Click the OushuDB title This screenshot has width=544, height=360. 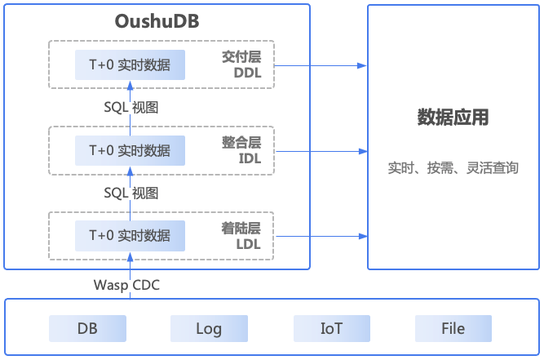click(x=157, y=21)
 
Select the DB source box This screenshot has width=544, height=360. click(x=87, y=328)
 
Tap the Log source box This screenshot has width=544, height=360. click(x=209, y=328)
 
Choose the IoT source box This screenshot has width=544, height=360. click(x=332, y=328)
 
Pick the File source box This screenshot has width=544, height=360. click(x=453, y=328)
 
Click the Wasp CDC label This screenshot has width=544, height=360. click(x=126, y=285)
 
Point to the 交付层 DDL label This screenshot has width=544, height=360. click(x=241, y=64)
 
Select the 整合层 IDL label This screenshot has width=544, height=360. click(x=241, y=150)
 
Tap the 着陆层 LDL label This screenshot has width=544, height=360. click(x=241, y=236)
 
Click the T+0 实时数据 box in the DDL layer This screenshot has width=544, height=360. click(x=130, y=65)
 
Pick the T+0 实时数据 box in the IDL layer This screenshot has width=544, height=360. click(x=130, y=151)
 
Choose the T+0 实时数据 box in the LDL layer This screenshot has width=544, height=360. click(x=130, y=236)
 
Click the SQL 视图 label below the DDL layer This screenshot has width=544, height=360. click(x=131, y=107)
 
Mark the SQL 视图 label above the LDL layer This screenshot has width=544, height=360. click(x=131, y=193)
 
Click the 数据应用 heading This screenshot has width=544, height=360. click(x=453, y=117)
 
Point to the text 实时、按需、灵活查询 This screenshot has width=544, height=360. click(x=453, y=168)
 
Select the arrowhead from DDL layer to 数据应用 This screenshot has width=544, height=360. click(x=362, y=65)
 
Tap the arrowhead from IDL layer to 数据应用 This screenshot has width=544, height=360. click(x=363, y=151)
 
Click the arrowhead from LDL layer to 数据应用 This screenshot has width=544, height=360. click(x=363, y=237)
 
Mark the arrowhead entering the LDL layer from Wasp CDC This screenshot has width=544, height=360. click(x=130, y=257)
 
